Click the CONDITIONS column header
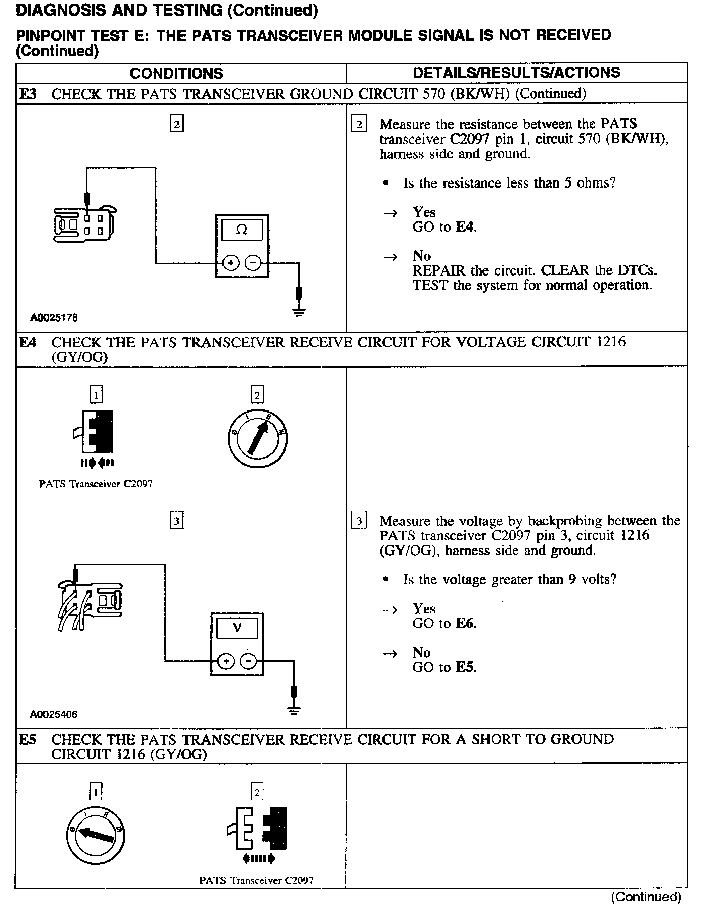click(176, 74)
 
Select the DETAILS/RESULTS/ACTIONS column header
click(516, 73)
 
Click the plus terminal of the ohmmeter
click(231, 263)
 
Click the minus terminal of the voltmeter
click(248, 661)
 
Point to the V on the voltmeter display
click(237, 628)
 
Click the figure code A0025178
click(54, 318)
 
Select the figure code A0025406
click(54, 714)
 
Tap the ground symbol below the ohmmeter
click(299, 311)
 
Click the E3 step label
click(28, 94)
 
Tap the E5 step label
click(28, 740)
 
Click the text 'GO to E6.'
click(444, 624)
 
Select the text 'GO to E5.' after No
click(444, 667)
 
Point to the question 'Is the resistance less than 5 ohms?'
click(509, 183)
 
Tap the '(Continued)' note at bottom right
click(646, 897)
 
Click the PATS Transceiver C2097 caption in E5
click(256, 880)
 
